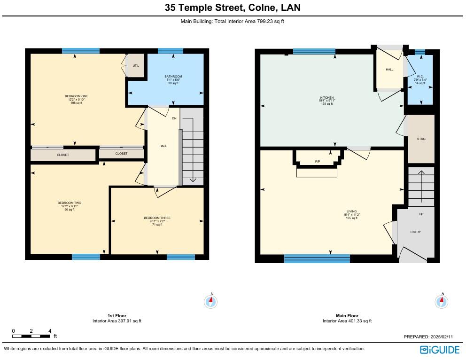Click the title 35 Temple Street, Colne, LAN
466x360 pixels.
point(233,8)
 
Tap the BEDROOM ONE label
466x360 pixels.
point(76,96)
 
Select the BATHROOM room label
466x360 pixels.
point(173,77)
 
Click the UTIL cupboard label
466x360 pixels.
point(136,66)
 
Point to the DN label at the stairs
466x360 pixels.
point(174,118)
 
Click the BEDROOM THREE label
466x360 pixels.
point(157,218)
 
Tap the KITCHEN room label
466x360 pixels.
point(327,98)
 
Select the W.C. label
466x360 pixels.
point(420,77)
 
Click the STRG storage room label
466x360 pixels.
point(421,139)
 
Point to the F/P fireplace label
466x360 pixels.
point(318,162)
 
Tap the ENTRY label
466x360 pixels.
point(415,232)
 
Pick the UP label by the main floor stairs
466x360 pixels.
point(420,214)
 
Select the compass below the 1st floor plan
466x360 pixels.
point(211,301)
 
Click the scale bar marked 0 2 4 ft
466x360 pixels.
point(31,336)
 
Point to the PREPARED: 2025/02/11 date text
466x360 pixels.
point(428,337)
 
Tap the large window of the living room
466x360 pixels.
point(317,258)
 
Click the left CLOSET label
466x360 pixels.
point(63,155)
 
